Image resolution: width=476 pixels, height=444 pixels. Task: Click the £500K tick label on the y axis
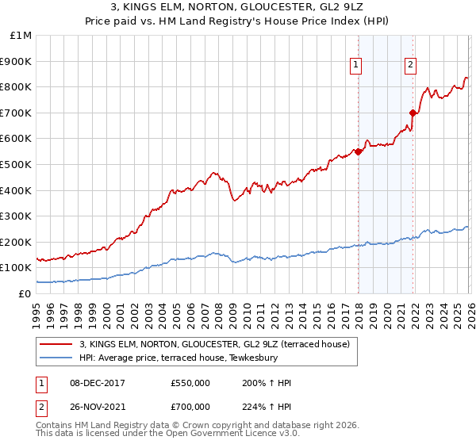pyautogui.click(x=17, y=164)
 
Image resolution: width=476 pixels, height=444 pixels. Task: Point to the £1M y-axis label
pyautogui.click(x=21, y=35)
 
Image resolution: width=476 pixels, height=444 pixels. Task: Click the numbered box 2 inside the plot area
pyautogui.click(x=410, y=66)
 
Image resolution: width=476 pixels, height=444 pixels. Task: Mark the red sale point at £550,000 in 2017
pyautogui.click(x=359, y=151)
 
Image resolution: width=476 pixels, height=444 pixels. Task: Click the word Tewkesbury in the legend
pyautogui.click(x=253, y=358)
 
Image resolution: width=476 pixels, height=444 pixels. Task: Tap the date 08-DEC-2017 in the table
pyautogui.click(x=90, y=383)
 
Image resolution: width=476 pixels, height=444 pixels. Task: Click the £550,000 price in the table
pyautogui.click(x=190, y=383)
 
